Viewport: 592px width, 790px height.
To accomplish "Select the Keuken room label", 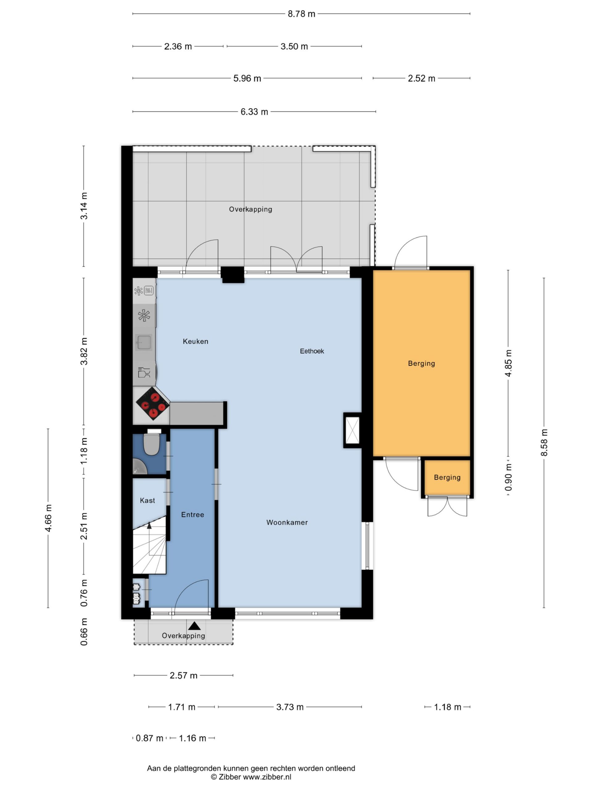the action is point(195,341).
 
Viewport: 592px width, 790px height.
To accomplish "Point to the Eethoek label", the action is point(311,351).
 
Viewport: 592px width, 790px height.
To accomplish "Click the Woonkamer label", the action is point(287,522).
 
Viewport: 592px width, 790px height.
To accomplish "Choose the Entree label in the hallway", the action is point(192,515).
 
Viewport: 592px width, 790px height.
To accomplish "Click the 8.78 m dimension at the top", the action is point(302,14).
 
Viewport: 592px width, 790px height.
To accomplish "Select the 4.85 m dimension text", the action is point(508,363).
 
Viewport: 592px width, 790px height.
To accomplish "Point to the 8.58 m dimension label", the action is point(544,443).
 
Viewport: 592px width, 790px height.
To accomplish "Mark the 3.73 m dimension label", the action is point(290,707).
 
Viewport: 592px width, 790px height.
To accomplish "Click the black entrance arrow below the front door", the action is point(194,626).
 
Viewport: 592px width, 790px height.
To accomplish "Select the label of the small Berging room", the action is point(447,477).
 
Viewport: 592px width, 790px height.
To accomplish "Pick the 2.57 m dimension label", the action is point(183,675).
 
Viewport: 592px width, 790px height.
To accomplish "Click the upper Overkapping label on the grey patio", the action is point(250,209).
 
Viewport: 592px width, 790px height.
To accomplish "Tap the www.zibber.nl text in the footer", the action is point(267,777).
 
